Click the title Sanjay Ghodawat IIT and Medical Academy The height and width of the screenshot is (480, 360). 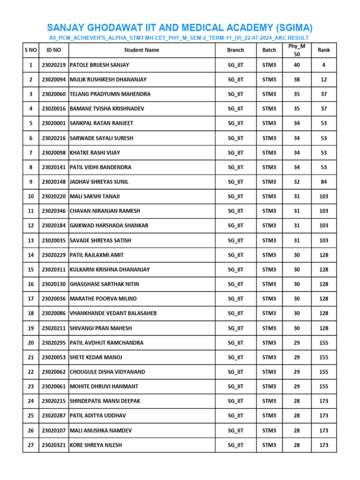[180, 27]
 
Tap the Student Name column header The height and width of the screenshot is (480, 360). [142, 50]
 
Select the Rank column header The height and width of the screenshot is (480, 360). [323, 50]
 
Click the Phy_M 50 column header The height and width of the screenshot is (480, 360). [296, 50]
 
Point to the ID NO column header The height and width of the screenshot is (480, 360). [54, 50]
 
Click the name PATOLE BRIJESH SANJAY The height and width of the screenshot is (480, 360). [99, 65]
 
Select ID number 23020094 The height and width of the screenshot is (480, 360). [54, 80]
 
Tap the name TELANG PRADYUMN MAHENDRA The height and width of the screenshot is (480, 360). [110, 94]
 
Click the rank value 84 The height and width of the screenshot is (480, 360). [323, 182]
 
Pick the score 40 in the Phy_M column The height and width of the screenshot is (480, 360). [296, 65]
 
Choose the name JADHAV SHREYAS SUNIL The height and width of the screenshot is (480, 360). [99, 182]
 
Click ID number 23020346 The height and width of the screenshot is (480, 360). [54, 211]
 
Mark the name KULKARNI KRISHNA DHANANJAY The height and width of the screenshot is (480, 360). [110, 270]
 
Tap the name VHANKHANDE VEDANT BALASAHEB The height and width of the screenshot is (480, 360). [113, 313]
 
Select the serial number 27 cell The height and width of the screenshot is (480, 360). [31, 445]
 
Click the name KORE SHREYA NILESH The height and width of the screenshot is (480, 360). [96, 445]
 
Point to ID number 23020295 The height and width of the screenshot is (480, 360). [54, 343]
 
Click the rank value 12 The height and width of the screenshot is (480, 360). [323, 80]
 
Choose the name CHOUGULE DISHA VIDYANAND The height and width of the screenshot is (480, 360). [107, 372]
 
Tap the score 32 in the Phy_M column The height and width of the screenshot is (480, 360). [296, 182]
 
